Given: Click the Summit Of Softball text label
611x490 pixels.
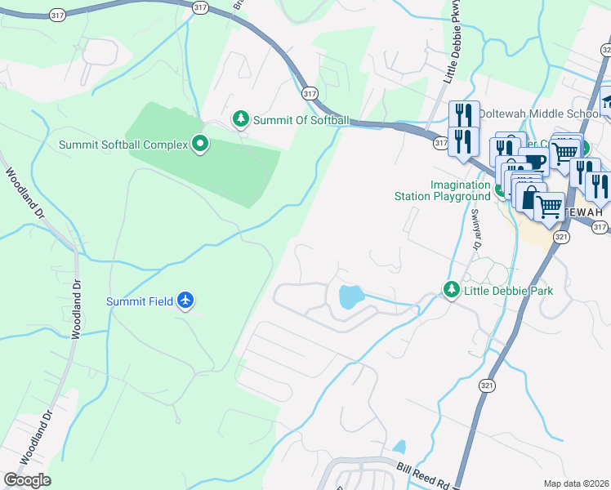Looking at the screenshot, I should (x=301, y=120).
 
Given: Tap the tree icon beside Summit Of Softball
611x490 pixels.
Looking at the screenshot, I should (x=241, y=120).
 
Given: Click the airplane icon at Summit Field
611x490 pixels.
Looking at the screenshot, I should (x=186, y=301).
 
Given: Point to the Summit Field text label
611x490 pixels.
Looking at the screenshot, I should (x=140, y=301).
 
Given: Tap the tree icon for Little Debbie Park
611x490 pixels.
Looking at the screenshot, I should (x=451, y=290).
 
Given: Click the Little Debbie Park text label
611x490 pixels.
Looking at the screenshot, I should (x=508, y=291).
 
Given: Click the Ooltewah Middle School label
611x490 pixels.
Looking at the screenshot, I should (x=539, y=113).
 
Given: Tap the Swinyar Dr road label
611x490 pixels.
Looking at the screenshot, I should (x=474, y=226).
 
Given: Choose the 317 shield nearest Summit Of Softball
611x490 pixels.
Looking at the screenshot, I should (x=309, y=93).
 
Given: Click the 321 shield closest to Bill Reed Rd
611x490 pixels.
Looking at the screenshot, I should (x=487, y=385).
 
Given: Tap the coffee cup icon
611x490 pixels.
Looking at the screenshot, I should (x=533, y=160).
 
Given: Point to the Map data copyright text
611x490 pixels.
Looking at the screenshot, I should (x=577, y=483).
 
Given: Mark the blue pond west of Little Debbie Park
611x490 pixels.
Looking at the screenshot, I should (x=350, y=296).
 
